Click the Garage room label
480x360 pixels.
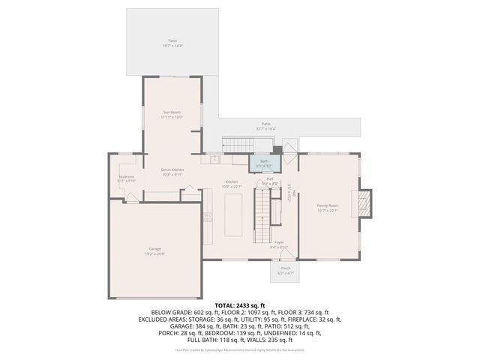click(154, 248)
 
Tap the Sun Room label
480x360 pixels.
click(172, 112)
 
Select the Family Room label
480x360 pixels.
click(328, 205)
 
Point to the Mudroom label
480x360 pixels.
click(126, 176)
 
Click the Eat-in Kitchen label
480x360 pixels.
click(172, 169)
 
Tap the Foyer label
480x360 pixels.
click(279, 242)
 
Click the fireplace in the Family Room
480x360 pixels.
click(365, 202)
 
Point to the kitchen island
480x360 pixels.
click(233, 214)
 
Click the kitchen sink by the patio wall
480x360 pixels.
click(214, 159)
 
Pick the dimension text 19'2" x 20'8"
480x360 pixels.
click(155, 253)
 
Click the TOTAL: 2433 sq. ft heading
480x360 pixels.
click(240, 305)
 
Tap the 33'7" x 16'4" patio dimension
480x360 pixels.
click(266, 128)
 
